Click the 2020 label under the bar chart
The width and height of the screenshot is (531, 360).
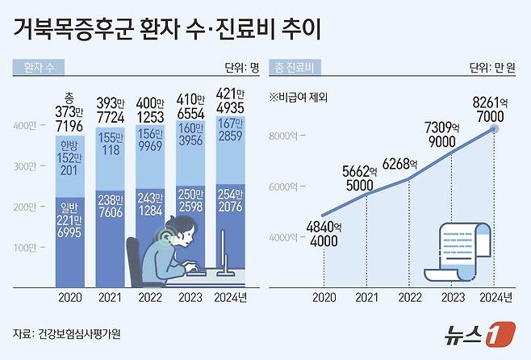(x=72, y=296)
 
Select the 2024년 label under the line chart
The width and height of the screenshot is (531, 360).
(x=495, y=296)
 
